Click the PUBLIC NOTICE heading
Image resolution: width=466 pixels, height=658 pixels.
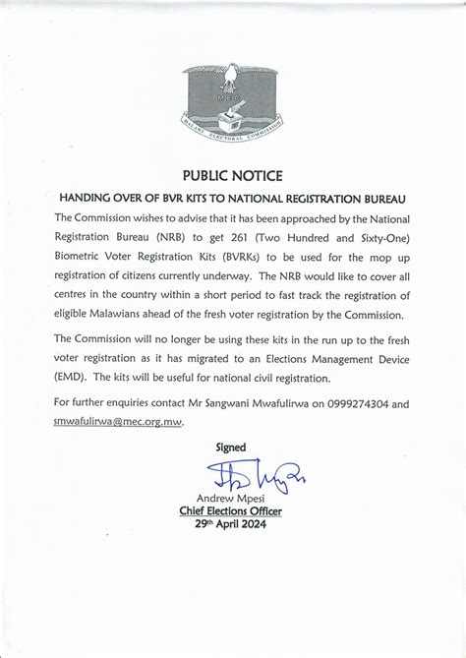232,175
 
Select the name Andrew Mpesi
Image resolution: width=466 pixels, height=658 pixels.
232,498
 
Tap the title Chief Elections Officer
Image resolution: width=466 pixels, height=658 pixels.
231,510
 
